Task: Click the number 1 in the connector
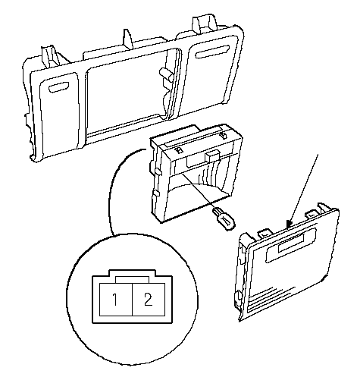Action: click(114, 300)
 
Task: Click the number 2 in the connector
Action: click(149, 300)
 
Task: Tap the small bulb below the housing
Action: click(224, 218)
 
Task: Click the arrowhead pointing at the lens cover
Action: click(289, 224)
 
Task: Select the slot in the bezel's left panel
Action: click(59, 87)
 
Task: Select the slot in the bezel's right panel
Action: click(211, 52)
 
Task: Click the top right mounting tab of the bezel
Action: click(205, 25)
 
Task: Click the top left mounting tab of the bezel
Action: click(51, 57)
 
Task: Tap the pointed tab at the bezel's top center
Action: click(128, 39)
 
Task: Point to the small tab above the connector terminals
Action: click(132, 280)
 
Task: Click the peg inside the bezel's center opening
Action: click(166, 74)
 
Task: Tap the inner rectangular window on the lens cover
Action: click(291, 243)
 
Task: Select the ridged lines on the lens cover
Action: click(271, 299)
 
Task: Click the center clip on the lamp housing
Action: click(211, 156)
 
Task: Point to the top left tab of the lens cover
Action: click(265, 234)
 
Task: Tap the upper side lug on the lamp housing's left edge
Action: click(157, 171)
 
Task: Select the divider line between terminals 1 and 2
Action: click(133, 300)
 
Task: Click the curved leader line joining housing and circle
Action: click(111, 187)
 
